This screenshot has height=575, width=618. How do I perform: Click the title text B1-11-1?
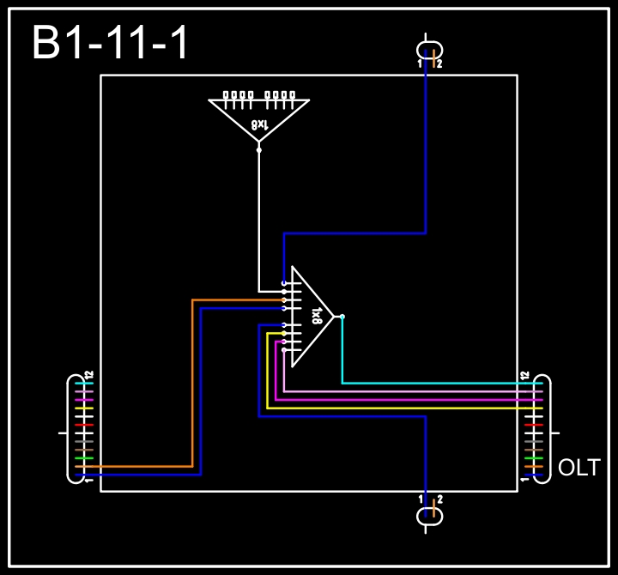[x=110, y=43]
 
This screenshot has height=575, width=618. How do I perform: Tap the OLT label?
[x=579, y=468]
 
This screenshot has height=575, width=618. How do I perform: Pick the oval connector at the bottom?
[x=429, y=515]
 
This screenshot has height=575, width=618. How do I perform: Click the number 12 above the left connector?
[x=88, y=376]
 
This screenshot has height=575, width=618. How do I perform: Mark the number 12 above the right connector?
[x=524, y=376]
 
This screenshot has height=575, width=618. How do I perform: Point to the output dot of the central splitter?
[x=342, y=317]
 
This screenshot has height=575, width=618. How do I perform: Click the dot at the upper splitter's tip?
[x=258, y=149]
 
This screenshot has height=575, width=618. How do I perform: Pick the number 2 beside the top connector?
[x=439, y=64]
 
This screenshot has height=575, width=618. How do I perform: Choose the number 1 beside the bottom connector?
[x=421, y=499]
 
